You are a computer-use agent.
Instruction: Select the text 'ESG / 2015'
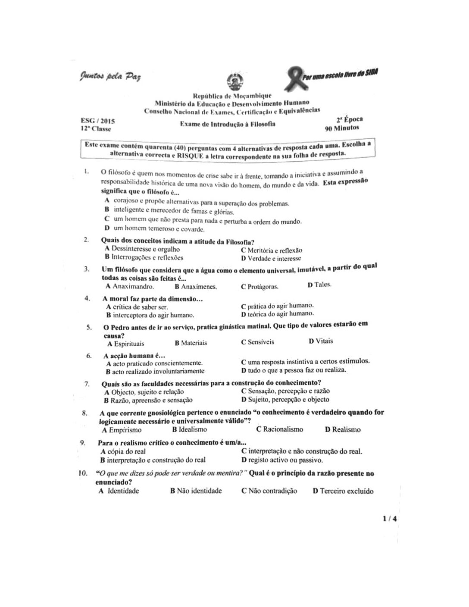click(x=98, y=122)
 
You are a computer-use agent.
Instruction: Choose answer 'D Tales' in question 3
click(x=319, y=285)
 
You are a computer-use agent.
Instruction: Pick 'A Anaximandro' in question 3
click(x=130, y=286)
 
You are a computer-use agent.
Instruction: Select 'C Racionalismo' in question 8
click(x=279, y=429)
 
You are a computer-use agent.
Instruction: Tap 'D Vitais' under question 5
click(x=321, y=341)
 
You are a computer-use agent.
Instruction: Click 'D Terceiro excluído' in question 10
click(x=343, y=491)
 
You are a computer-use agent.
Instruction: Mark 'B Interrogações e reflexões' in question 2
click(x=144, y=257)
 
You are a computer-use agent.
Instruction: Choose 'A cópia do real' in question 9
click(x=123, y=451)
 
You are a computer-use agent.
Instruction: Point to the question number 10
click(x=83, y=473)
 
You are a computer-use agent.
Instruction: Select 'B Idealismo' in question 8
click(x=189, y=429)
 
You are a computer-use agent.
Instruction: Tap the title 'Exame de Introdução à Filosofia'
click(x=228, y=124)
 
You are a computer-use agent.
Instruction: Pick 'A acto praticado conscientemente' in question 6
click(x=154, y=363)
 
